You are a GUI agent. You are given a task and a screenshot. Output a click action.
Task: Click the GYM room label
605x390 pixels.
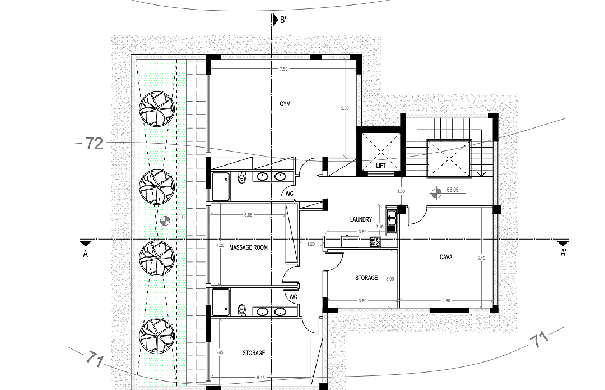coord(286,104)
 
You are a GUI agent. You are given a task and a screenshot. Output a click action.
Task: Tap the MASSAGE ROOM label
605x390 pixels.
coord(249,247)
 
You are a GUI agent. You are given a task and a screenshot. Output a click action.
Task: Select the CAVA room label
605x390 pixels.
coord(446,257)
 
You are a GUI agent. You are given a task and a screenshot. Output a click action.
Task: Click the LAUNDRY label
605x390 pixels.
coord(361,219)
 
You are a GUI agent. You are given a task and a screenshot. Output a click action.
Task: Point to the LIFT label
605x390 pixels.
coord(381,166)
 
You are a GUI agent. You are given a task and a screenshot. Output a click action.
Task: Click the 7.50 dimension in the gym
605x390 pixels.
coord(284,69)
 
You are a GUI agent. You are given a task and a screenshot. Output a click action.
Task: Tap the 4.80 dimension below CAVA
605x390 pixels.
coord(446,301)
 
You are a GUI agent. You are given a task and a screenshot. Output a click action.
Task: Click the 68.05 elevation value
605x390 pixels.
coord(453,190)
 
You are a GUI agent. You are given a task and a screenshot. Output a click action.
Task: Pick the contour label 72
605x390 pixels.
coord(95,144)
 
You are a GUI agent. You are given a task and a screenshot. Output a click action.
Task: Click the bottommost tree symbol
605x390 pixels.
coord(157,335)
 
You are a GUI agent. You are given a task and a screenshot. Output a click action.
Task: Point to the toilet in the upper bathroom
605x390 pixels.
coord(241,178)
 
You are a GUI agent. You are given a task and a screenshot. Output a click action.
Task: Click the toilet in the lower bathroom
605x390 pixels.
coord(242,310)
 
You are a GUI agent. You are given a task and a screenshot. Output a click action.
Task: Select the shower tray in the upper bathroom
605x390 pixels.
coord(220,186)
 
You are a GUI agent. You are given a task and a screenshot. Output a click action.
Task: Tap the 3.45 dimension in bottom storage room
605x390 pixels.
coord(219,352)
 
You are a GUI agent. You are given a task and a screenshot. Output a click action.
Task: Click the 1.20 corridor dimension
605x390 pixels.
coord(310,244)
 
